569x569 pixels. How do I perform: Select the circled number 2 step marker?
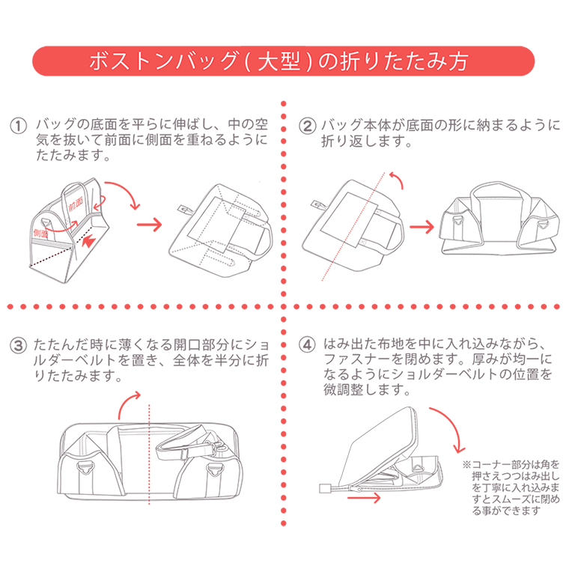pyautogui.click(x=307, y=125)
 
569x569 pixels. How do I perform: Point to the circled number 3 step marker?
pyautogui.click(x=19, y=345)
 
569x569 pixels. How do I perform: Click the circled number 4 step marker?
pyautogui.click(x=307, y=345)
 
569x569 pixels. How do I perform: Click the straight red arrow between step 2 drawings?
pyautogui.click(x=423, y=225)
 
